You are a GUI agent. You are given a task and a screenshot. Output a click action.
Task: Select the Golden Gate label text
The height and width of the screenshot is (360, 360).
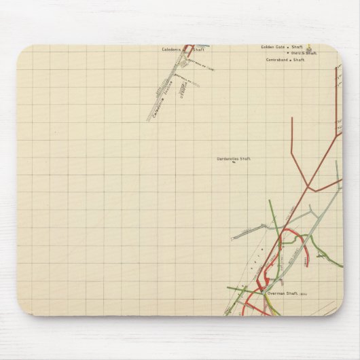coord(272,47)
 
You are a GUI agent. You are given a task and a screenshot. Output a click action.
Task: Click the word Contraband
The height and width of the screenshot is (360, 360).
coord(278,60)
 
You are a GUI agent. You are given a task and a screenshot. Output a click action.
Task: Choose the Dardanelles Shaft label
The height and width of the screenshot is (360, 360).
coord(234,158)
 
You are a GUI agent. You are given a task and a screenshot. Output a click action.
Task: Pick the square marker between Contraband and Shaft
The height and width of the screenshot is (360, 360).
coord(291,60)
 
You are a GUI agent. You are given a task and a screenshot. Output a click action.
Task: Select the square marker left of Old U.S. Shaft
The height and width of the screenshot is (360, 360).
coord(288,53)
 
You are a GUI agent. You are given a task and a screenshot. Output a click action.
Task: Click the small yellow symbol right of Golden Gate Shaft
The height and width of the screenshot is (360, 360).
coord(309,48)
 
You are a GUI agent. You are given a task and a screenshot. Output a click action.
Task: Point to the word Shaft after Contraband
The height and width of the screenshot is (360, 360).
coord(300,60)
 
